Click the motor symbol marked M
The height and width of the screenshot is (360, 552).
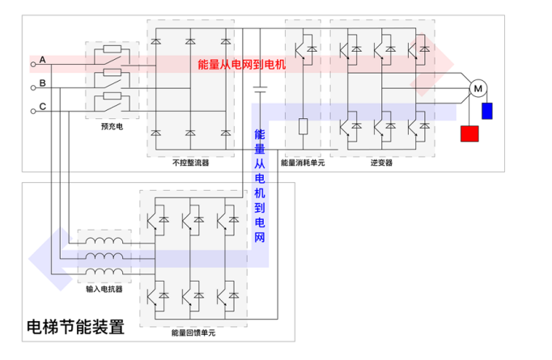point(477,87)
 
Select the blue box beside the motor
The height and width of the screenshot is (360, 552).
point(487,111)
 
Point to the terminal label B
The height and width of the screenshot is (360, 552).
point(42,83)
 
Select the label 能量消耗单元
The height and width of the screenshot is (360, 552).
point(303,163)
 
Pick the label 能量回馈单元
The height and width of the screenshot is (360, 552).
point(193,332)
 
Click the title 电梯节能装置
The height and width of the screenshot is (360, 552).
point(75,328)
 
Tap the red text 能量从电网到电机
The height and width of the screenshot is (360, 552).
point(242,64)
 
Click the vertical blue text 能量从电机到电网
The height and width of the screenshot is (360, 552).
point(260,185)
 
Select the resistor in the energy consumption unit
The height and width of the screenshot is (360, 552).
point(303,126)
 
